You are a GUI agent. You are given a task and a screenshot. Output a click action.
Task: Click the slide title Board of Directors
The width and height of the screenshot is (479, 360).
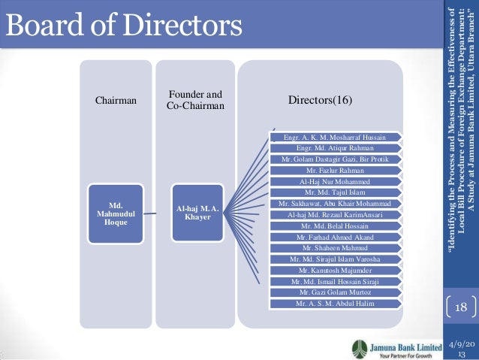pos(125,27)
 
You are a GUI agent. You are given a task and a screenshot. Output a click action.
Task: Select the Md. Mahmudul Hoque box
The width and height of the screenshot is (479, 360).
pos(116,212)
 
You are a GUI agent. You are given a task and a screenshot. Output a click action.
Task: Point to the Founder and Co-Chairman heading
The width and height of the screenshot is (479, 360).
pos(194,101)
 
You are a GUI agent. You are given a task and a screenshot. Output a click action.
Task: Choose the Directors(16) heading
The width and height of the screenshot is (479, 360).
pos(320,100)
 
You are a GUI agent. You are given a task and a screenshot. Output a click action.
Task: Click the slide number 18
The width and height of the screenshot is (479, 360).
pos(461,308)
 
